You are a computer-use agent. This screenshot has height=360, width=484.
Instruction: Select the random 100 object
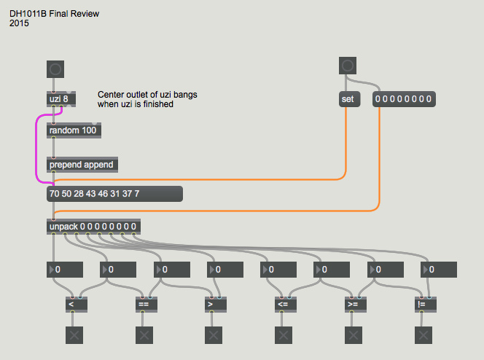74,130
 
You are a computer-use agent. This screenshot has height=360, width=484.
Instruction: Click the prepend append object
81,165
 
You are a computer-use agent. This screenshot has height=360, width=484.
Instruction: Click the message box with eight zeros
404,99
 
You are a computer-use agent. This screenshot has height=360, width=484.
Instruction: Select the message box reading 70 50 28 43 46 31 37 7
114,194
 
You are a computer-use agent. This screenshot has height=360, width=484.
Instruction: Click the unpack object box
93,227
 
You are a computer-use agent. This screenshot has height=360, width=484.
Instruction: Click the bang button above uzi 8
55,69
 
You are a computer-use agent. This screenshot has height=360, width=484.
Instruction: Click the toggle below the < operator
73,335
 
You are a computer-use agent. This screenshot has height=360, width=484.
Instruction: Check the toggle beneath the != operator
423,335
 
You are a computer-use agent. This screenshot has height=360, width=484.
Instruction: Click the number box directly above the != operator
439,270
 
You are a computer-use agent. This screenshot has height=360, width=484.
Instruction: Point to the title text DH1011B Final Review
55,14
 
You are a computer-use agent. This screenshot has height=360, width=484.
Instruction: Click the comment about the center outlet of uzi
147,100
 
